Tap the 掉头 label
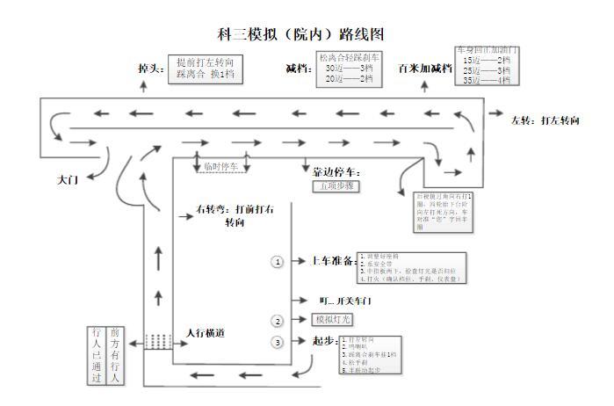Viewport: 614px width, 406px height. [x=153, y=68]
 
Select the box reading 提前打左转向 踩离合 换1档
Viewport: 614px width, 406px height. [x=206, y=69]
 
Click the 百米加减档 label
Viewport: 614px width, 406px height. [x=423, y=68]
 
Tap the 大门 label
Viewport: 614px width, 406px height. [x=68, y=178]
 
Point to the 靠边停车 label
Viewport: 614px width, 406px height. [x=336, y=172]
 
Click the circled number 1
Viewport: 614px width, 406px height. [x=278, y=262]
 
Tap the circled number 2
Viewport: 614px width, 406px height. [x=278, y=321]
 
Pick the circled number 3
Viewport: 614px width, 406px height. [x=278, y=342]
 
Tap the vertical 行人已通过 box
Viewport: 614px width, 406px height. [x=98, y=355]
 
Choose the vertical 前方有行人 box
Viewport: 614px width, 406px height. [x=115, y=355]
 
